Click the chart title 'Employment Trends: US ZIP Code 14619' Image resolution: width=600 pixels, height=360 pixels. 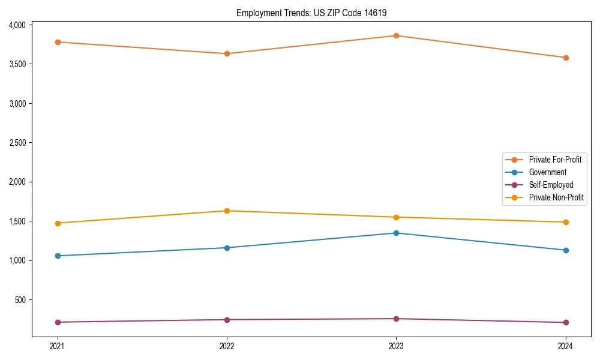pyautogui.click(x=316, y=13)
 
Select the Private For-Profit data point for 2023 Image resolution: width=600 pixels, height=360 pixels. pyautogui.click(x=396, y=35)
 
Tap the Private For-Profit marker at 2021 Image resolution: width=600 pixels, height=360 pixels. pyautogui.click(x=58, y=42)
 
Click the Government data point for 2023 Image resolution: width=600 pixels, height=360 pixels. pyautogui.click(x=396, y=233)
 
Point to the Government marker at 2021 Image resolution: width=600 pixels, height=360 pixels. pyautogui.click(x=58, y=256)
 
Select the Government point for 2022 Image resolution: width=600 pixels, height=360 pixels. pyautogui.click(x=227, y=248)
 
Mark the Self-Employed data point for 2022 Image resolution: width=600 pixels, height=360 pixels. pyautogui.click(x=227, y=319)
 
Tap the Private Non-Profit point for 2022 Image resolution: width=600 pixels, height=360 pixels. pyautogui.click(x=227, y=211)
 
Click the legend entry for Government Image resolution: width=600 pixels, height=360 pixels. pyautogui.click(x=547, y=172)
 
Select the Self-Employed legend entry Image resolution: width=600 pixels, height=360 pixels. pyautogui.click(x=551, y=185)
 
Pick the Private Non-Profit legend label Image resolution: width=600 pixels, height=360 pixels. pyautogui.click(x=556, y=197)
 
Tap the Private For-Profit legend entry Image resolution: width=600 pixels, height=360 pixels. pyautogui.click(x=555, y=160)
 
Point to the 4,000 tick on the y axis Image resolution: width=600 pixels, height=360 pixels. pyautogui.click(x=17, y=25)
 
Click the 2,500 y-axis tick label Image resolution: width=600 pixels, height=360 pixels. pyautogui.click(x=17, y=143)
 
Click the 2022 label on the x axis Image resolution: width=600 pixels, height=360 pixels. pyautogui.click(x=227, y=346)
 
